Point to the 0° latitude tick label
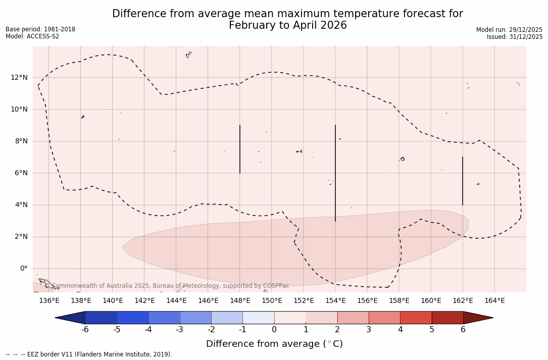pos(23,269)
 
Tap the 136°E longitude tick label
pos(49,301)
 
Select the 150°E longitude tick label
pos(272,301)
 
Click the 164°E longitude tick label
pos(494,301)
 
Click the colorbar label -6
pos(85,330)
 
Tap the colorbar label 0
pos(274,330)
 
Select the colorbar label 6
pos(463,330)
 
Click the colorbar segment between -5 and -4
pos(132,318)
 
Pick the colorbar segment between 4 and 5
pos(416,318)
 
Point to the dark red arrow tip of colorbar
pos(480,318)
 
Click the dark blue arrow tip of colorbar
pos(69,318)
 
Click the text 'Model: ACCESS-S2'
pos(32,36)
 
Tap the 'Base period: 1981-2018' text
pos(40,29)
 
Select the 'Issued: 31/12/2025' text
pos(515,37)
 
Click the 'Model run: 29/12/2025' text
pos(509,30)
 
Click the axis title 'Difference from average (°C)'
pos(274,344)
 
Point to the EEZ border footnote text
pos(89,354)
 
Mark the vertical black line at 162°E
pos(462,181)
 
